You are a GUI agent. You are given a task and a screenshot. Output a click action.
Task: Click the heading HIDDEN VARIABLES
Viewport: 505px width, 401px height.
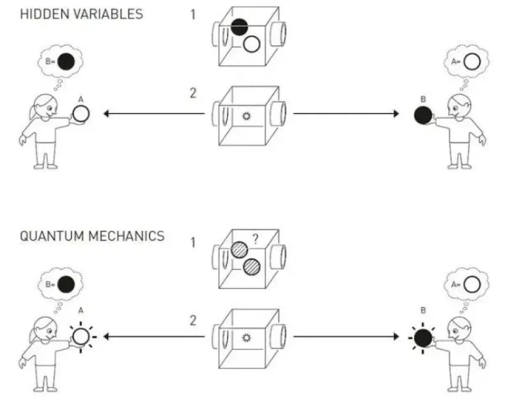tap(82, 14)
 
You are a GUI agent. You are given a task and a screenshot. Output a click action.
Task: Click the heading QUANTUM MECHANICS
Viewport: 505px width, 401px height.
tap(92, 236)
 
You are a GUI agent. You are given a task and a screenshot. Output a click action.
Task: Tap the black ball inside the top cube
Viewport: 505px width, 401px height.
tap(239, 27)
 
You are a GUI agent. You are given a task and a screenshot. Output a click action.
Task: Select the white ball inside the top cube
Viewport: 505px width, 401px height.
tap(252, 43)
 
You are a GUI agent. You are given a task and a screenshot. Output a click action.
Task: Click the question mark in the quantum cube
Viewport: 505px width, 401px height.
tap(254, 240)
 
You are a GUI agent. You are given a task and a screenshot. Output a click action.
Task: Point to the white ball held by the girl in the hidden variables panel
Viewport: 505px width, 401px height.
tap(81, 114)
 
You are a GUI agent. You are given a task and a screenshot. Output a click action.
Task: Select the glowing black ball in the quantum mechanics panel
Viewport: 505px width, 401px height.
tap(421, 336)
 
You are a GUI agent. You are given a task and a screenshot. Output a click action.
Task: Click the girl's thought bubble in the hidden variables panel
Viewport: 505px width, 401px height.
tap(61, 63)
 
